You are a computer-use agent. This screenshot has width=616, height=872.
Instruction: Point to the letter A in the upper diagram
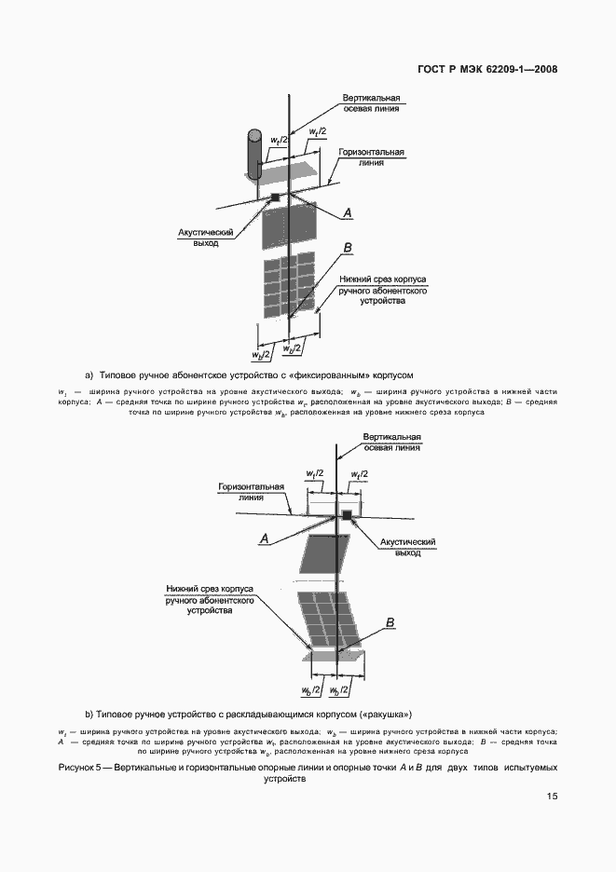point(348,214)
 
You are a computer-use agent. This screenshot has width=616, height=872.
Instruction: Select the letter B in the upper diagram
point(348,248)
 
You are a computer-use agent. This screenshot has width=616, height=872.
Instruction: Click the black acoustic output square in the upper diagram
point(275,197)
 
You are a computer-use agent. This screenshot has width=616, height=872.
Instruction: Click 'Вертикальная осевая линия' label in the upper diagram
point(371,102)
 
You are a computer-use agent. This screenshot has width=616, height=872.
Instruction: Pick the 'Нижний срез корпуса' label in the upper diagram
point(371,291)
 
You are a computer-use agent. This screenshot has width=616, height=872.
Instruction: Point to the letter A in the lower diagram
point(265,538)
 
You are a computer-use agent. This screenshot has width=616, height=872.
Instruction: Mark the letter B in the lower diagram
point(390,622)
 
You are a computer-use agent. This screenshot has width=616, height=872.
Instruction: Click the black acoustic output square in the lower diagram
point(347,514)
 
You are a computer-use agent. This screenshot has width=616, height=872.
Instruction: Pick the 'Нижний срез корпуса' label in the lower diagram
point(211,601)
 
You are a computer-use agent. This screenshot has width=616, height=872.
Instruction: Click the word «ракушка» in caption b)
point(383,715)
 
